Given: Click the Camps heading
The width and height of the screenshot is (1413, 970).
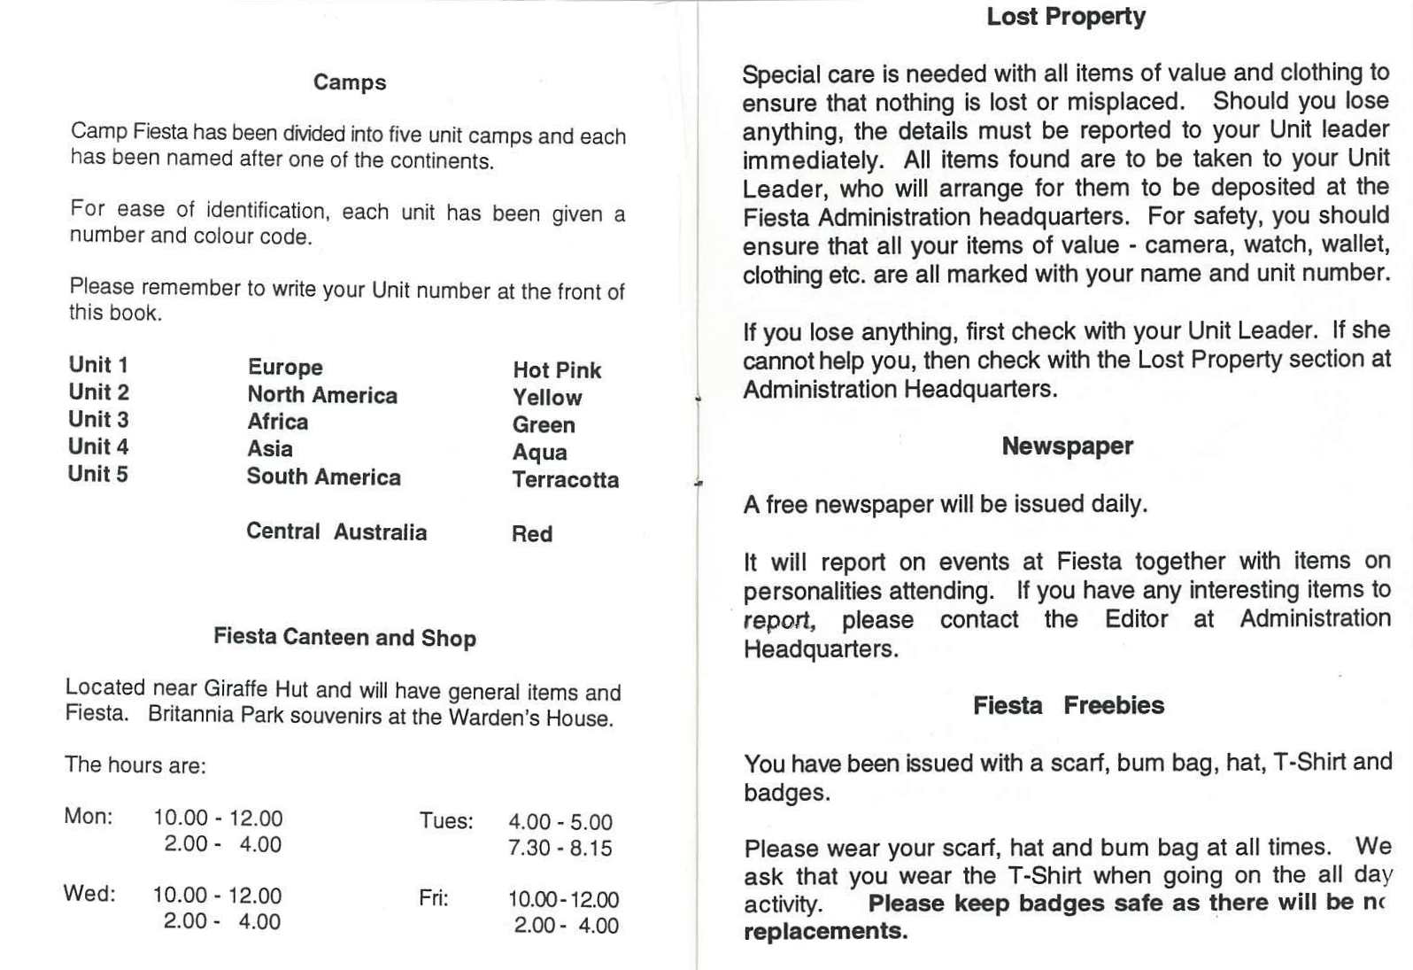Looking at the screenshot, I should pyautogui.click(x=350, y=82).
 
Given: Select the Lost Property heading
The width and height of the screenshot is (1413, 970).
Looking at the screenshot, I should pyautogui.click(x=1066, y=17).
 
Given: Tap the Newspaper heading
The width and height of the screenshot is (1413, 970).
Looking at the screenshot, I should pyautogui.click(x=1067, y=446).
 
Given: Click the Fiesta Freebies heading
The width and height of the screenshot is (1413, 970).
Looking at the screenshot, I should pyautogui.click(x=1068, y=705).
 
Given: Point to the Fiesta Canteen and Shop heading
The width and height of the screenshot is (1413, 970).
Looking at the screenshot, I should pyautogui.click(x=344, y=637).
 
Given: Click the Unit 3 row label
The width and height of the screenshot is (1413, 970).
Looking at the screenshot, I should pyautogui.click(x=98, y=419).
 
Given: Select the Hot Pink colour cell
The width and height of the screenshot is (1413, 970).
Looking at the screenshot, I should pyautogui.click(x=557, y=370).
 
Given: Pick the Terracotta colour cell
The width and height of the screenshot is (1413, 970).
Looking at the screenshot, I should pyautogui.click(x=565, y=480).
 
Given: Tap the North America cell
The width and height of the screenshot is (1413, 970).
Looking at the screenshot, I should pyautogui.click(x=322, y=395).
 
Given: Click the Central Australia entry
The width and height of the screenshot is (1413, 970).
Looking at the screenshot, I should pyautogui.click(x=336, y=532).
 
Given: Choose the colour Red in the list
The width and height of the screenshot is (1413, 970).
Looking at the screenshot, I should pyautogui.click(x=532, y=534).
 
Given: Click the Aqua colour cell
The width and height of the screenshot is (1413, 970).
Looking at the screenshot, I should pyautogui.click(x=539, y=453).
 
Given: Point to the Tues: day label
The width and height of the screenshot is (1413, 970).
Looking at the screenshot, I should pyautogui.click(x=446, y=820).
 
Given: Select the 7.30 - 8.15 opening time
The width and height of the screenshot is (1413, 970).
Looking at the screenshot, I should pyautogui.click(x=560, y=848).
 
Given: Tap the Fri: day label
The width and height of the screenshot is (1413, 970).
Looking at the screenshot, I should pyautogui.click(x=434, y=898).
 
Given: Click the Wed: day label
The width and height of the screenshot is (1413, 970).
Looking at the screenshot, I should pyautogui.click(x=89, y=893).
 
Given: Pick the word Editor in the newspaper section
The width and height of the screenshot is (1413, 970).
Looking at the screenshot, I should pyautogui.click(x=1136, y=618).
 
